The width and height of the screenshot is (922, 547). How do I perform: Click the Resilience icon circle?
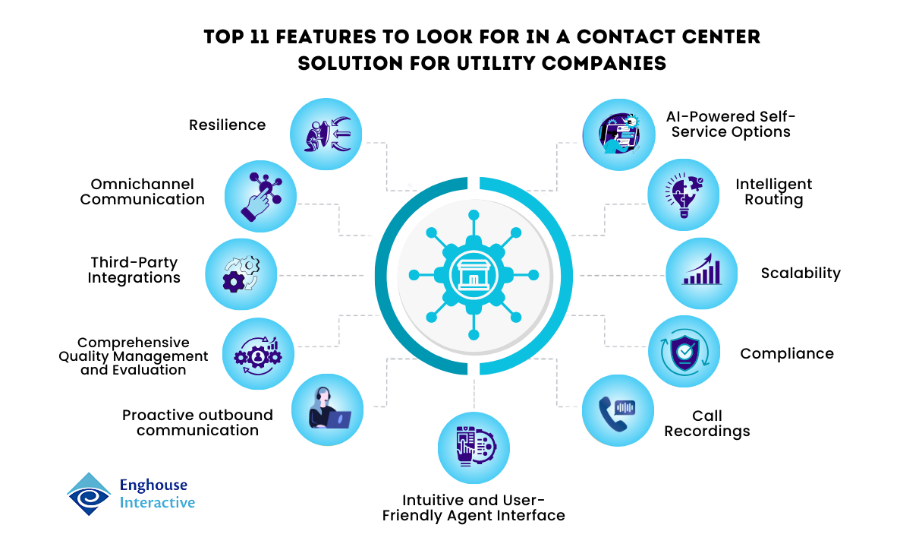(326, 134)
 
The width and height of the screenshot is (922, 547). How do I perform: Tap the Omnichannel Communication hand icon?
(260, 196)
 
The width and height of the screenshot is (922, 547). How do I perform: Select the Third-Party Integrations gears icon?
(241, 274)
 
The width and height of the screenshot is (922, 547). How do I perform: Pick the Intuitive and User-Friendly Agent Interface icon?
(474, 449)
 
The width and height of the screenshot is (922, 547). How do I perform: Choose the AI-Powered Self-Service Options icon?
(618, 134)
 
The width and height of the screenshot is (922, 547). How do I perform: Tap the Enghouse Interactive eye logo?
(89, 494)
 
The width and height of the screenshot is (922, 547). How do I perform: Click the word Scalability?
(801, 273)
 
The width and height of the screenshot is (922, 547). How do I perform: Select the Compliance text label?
(787, 353)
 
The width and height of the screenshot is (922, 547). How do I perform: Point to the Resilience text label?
(228, 125)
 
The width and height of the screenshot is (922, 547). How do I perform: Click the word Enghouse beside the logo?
(153, 485)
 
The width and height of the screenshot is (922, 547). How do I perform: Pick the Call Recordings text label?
(707, 424)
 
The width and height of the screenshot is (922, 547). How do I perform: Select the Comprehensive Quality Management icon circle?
(258, 353)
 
